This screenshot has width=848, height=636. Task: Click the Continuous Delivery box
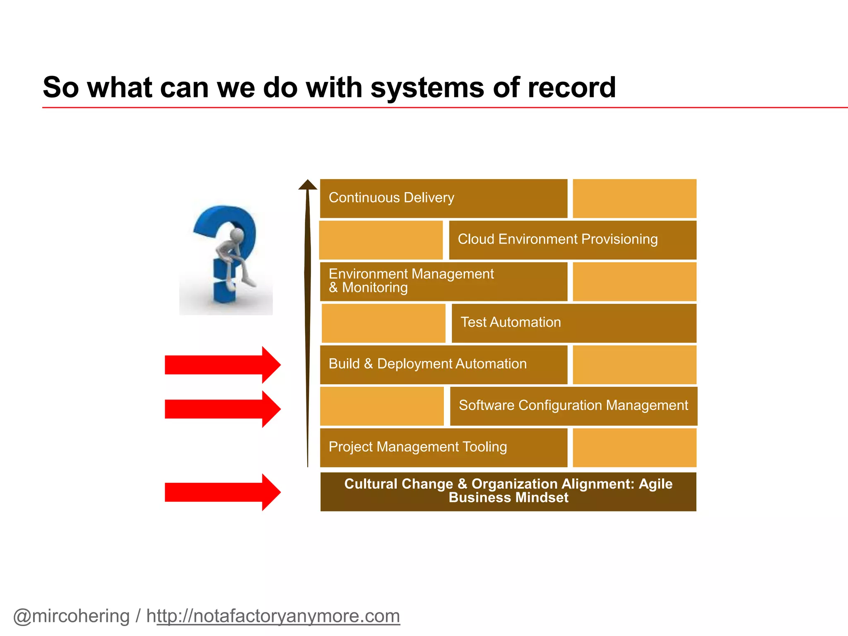[x=443, y=198]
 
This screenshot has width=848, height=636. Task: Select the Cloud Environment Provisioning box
[x=573, y=240]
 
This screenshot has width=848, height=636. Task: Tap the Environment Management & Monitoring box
[x=443, y=281]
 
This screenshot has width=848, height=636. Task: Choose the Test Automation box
[x=574, y=323]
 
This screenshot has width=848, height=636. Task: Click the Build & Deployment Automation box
[x=443, y=364]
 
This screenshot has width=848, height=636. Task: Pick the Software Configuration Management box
[x=573, y=406]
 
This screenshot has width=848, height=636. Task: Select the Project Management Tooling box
[x=443, y=448]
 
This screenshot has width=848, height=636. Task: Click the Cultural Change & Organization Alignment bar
[x=508, y=491]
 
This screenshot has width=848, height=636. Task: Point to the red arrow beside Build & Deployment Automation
[x=222, y=365]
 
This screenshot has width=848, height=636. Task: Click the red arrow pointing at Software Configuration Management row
[x=222, y=409]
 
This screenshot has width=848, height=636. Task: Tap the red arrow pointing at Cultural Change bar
[x=222, y=492]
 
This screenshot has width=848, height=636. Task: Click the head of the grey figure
[x=237, y=235]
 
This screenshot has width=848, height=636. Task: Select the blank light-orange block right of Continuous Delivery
[x=634, y=198]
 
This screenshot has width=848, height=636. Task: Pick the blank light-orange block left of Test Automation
[x=383, y=323]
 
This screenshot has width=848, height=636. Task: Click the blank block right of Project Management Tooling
[x=634, y=448]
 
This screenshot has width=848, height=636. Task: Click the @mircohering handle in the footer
[x=72, y=616]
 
